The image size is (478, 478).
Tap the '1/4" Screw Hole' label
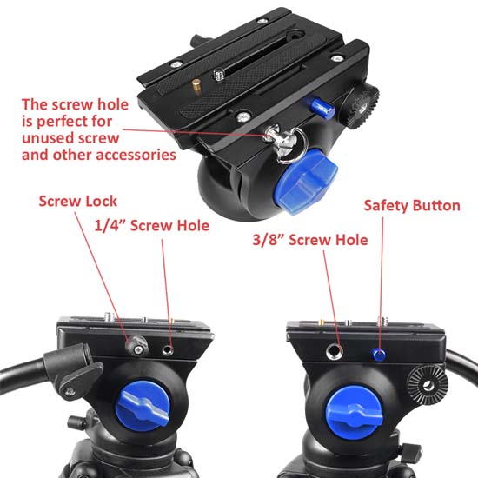150,225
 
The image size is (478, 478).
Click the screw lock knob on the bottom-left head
136,347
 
